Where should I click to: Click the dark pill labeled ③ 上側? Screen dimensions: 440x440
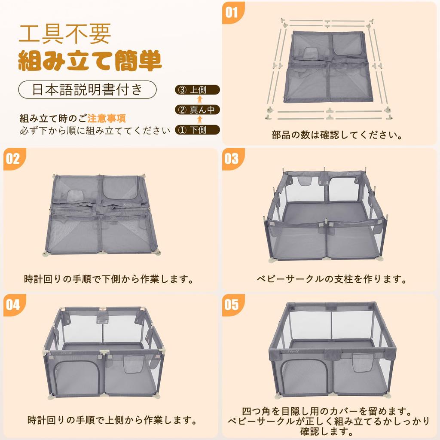tap(197, 90)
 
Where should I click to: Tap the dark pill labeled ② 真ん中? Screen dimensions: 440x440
tap(197, 110)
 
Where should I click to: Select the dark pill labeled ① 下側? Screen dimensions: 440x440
tap(197, 130)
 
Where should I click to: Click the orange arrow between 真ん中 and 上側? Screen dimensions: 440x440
tap(200, 100)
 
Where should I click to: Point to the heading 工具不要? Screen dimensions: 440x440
tap(65, 34)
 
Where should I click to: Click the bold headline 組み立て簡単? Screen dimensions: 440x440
tap(90, 61)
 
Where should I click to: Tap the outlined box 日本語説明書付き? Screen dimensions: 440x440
tap(87, 89)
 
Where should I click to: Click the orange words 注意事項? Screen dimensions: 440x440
tap(107, 119)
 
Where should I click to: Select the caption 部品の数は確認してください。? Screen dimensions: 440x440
tap(337, 135)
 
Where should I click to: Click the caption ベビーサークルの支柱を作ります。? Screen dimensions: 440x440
tap(332, 279)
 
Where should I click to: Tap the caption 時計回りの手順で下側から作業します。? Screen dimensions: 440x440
tap(109, 279)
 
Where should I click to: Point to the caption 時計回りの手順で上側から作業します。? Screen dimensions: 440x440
tap(112, 420)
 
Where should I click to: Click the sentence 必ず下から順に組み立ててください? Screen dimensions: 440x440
tap(95, 131)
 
